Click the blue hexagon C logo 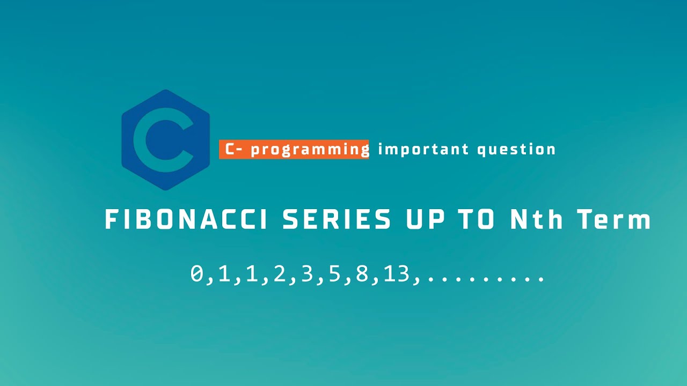(165, 140)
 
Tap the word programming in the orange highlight (310, 149)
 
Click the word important (423, 149)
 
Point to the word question (516, 149)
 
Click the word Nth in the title (537, 220)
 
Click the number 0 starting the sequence (197, 274)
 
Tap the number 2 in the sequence (279, 274)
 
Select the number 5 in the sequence (334, 274)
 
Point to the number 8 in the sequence (362, 274)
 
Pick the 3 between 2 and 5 (306, 274)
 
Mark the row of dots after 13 (485, 279)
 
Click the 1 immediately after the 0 (224, 274)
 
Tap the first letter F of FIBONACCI (111, 220)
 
